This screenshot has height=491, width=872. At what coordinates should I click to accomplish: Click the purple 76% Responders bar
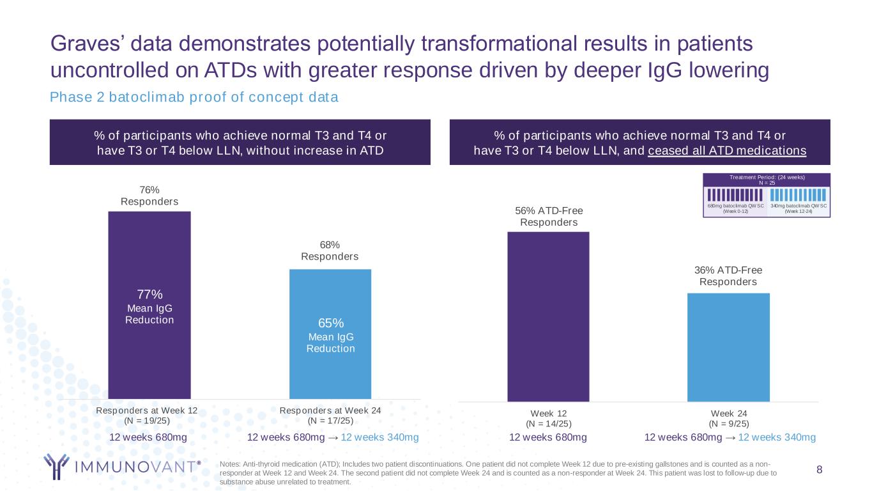tap(149, 305)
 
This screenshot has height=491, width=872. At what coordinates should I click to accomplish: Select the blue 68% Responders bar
tap(330, 334)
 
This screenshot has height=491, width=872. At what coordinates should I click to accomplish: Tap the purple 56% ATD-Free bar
tap(548, 317)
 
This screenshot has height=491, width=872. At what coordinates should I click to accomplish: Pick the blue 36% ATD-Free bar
tap(728, 347)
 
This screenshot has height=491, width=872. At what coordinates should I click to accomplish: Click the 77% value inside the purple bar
tap(149, 294)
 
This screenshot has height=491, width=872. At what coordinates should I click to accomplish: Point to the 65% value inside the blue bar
tap(331, 323)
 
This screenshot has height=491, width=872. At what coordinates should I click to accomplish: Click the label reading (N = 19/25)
tap(147, 421)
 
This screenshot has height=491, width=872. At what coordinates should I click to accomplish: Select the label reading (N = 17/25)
tap(330, 421)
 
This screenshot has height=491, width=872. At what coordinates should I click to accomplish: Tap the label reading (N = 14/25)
tap(549, 424)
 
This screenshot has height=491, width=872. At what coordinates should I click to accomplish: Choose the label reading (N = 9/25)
tap(729, 424)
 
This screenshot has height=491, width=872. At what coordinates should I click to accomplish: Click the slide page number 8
tap(819, 469)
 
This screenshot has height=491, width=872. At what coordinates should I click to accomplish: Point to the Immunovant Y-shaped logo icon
tap(56, 466)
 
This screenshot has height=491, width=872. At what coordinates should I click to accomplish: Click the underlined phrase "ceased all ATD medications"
tap(727, 151)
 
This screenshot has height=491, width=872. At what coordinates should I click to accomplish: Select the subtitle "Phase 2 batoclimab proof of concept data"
tap(194, 97)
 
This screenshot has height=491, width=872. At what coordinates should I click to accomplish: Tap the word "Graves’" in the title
tap(87, 43)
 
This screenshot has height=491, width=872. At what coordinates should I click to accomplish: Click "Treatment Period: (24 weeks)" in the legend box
tap(767, 177)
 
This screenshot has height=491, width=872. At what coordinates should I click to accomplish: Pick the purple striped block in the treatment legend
tap(735, 195)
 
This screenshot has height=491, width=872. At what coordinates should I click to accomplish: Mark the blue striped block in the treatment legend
tap(798, 195)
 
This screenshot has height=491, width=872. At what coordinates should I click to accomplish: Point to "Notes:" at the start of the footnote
tap(230, 464)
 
